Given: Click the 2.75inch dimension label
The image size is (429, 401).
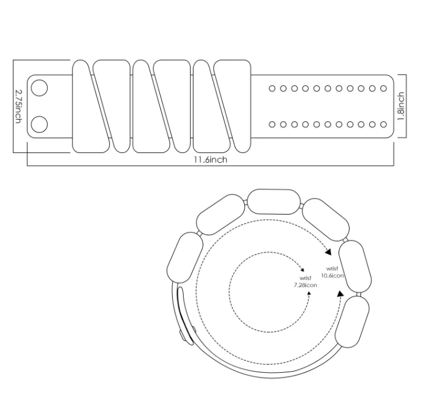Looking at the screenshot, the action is coord(18,105).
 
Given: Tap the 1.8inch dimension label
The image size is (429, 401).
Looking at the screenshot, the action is coord(401,106).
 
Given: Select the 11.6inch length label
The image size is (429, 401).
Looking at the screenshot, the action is coord(210,159).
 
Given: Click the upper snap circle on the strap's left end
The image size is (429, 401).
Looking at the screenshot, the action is coord(39,88).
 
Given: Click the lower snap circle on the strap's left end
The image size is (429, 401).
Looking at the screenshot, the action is coord(39,124).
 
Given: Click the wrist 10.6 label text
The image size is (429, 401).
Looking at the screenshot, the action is coord(332,272).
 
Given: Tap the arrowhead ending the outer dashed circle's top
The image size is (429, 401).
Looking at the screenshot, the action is coord(329,252).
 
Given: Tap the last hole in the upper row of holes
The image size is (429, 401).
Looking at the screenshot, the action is coord(384,89).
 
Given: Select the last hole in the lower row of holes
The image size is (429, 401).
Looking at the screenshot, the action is coord(384,124).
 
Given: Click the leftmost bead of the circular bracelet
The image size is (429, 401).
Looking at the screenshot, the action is coord(185,258).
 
